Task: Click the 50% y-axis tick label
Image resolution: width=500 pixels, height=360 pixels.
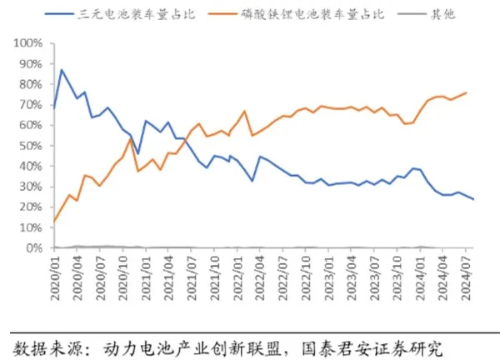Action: pyautogui.click(x=33, y=145)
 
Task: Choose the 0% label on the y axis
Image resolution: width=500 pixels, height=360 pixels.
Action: pyautogui.click(x=37, y=248)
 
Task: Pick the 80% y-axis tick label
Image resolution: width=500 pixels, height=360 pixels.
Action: pyautogui.click(x=33, y=83)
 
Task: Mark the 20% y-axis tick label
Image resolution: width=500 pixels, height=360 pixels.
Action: pyautogui.click(x=33, y=207)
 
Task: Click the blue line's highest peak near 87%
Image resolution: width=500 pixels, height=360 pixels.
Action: pyautogui.click(x=61, y=70)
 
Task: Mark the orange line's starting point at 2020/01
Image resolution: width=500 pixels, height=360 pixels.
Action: pyautogui.click(x=53, y=222)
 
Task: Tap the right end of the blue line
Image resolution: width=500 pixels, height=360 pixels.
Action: pyautogui.click(x=473, y=199)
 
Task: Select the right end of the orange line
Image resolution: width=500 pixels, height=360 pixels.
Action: pyautogui.click(x=466, y=92)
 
